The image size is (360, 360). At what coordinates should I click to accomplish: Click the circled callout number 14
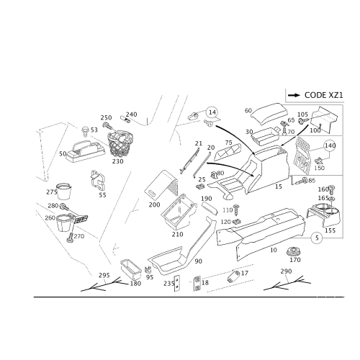click(212, 112)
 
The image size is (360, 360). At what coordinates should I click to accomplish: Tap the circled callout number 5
click(317, 238)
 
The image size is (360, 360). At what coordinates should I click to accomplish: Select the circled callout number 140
click(330, 145)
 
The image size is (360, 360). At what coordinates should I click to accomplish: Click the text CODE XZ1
click(324, 95)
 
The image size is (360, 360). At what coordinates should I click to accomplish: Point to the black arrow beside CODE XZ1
click(294, 95)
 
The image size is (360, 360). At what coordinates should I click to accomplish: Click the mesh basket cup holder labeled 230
click(120, 143)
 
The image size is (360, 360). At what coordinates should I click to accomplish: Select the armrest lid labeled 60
click(269, 114)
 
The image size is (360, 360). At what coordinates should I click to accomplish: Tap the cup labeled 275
click(64, 192)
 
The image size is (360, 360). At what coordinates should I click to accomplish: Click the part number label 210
click(177, 234)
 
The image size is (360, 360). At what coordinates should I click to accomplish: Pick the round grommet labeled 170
click(294, 251)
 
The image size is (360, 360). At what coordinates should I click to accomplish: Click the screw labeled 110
click(236, 210)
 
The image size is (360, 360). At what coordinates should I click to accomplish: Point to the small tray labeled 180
click(130, 269)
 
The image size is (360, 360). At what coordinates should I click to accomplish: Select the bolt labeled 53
click(85, 131)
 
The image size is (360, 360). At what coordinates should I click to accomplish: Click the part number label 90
click(198, 261)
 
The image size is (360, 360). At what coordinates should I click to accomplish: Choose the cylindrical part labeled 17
click(233, 276)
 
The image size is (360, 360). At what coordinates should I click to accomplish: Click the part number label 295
click(104, 275)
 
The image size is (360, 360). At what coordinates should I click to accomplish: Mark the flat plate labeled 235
click(177, 283)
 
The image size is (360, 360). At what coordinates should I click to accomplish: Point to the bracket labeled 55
click(98, 181)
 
